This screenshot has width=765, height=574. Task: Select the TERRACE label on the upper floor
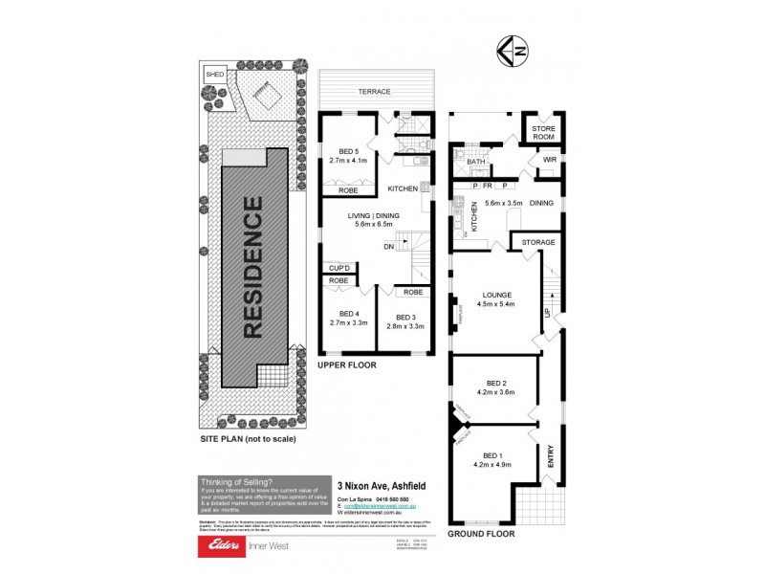(375, 92)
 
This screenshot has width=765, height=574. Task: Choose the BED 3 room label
(406, 318)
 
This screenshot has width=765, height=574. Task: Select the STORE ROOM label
(543, 133)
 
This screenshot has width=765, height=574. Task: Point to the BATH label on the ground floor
(475, 162)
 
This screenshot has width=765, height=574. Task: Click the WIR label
(549, 159)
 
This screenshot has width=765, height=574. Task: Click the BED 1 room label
(492, 455)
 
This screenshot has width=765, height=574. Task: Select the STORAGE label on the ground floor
(538, 243)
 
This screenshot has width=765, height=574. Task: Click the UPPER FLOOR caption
(348, 365)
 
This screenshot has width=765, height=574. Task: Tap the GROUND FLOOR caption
(481, 534)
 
